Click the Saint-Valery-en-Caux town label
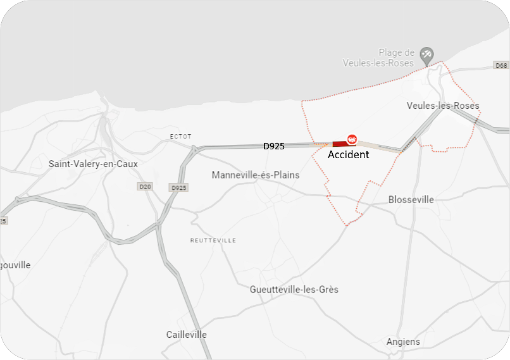pos(93,164)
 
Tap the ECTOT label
pos(180,137)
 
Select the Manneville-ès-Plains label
pos(256,175)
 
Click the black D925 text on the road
pos(274,146)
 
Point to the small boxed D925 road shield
pos(179,188)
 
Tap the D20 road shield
pos(145,187)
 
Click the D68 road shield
pos(501,66)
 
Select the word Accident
pos(348,154)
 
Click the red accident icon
pos(352,139)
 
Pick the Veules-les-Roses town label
pos(442,106)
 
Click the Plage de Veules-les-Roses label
pos(378,58)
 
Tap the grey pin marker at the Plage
pos(426,54)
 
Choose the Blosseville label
pos(411,199)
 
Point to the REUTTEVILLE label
pos(213,240)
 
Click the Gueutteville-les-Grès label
pos(294,289)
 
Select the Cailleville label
pos(187,334)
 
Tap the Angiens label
pos(403,342)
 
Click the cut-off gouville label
pos(15,265)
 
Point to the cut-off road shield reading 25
pos(3,221)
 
